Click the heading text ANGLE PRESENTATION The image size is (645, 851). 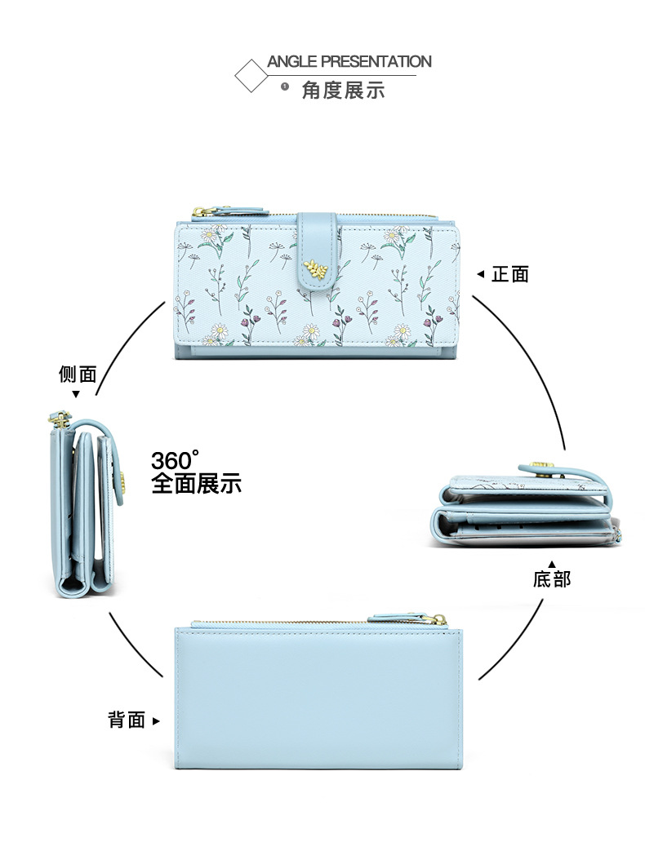349,62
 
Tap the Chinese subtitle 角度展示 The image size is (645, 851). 343,90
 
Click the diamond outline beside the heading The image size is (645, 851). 251,76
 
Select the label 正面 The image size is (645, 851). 510,274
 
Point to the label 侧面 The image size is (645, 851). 78,375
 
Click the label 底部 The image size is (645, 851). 552,579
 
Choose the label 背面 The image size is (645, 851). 127,720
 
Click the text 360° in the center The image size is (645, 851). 176,460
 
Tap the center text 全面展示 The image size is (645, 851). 196,483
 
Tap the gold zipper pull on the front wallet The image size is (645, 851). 199,213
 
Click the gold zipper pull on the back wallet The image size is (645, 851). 438,620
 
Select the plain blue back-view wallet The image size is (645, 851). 318,698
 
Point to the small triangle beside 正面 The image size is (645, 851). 480,275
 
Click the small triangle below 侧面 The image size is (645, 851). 76,394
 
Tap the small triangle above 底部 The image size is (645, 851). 552,564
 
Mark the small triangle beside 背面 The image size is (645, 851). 156,721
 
